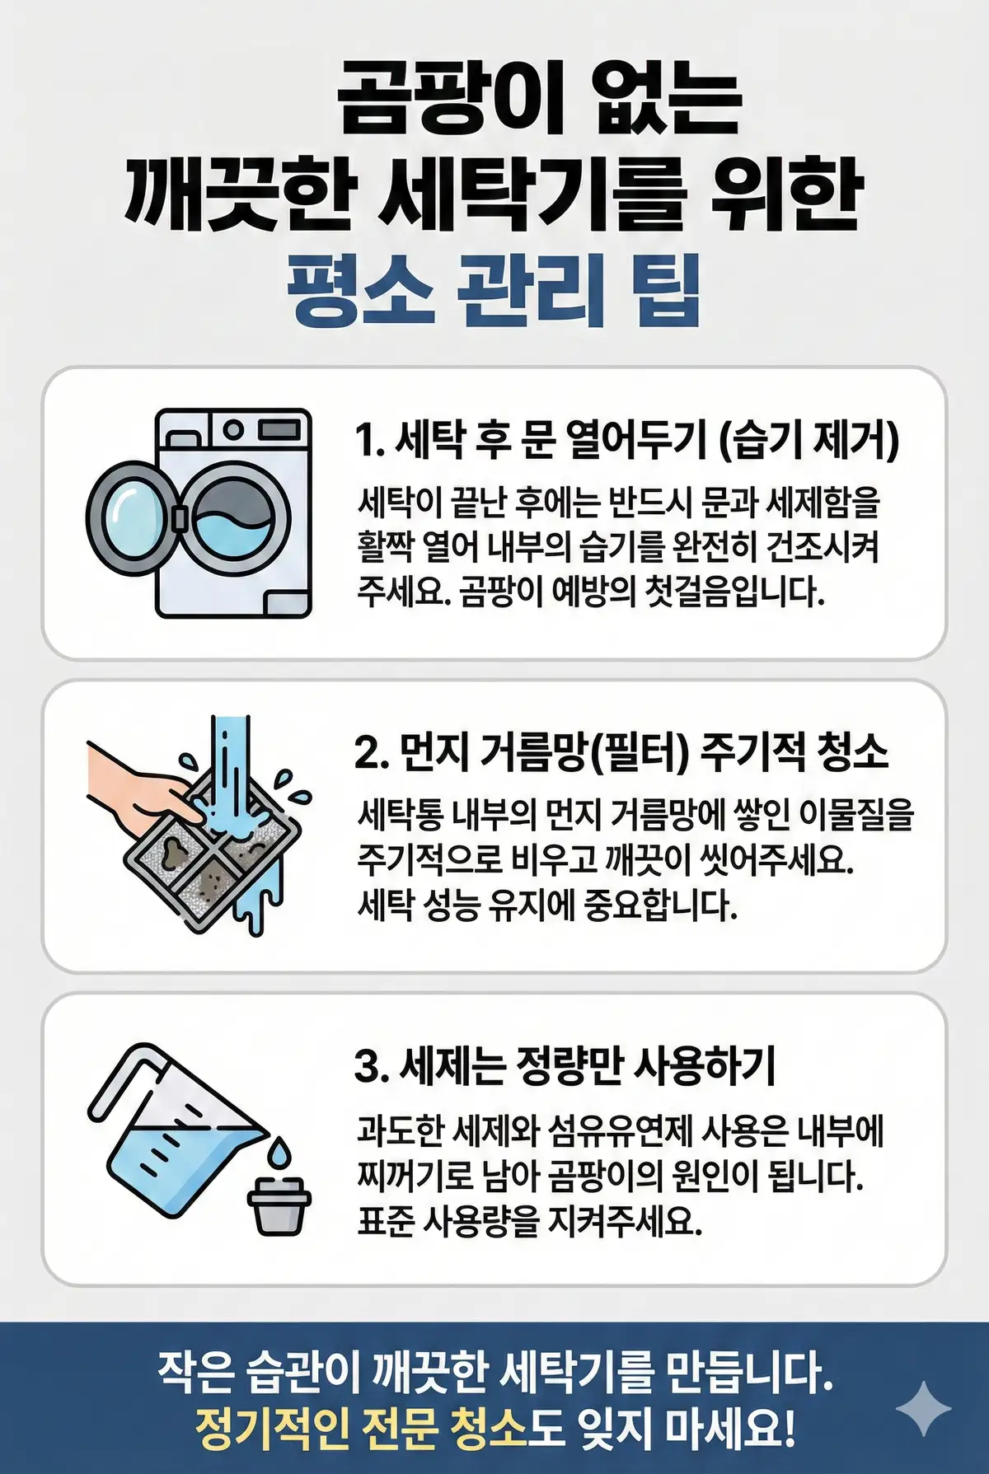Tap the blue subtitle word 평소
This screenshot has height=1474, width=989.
pos(360,290)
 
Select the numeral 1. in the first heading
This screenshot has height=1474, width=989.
pos(370,440)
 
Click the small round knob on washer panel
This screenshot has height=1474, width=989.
pos(233,428)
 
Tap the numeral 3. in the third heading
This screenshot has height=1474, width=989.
pos(371,1066)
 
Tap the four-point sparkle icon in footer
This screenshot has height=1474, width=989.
pos(924,1410)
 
